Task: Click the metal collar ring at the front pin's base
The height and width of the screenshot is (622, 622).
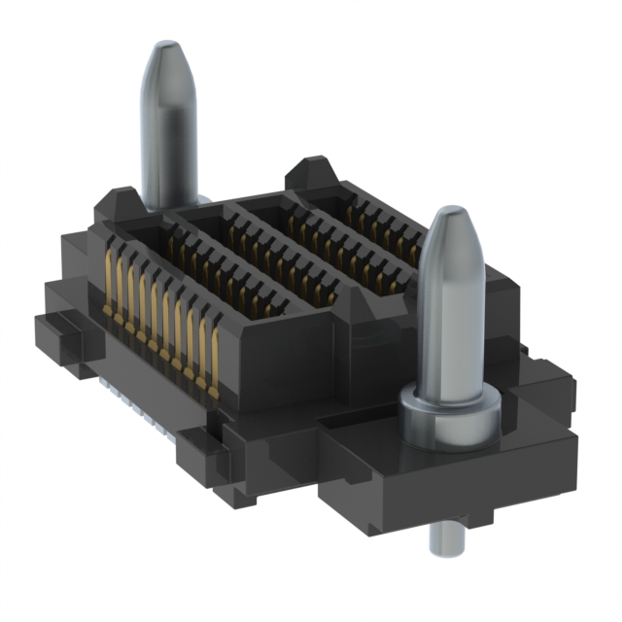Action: point(450,418)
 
